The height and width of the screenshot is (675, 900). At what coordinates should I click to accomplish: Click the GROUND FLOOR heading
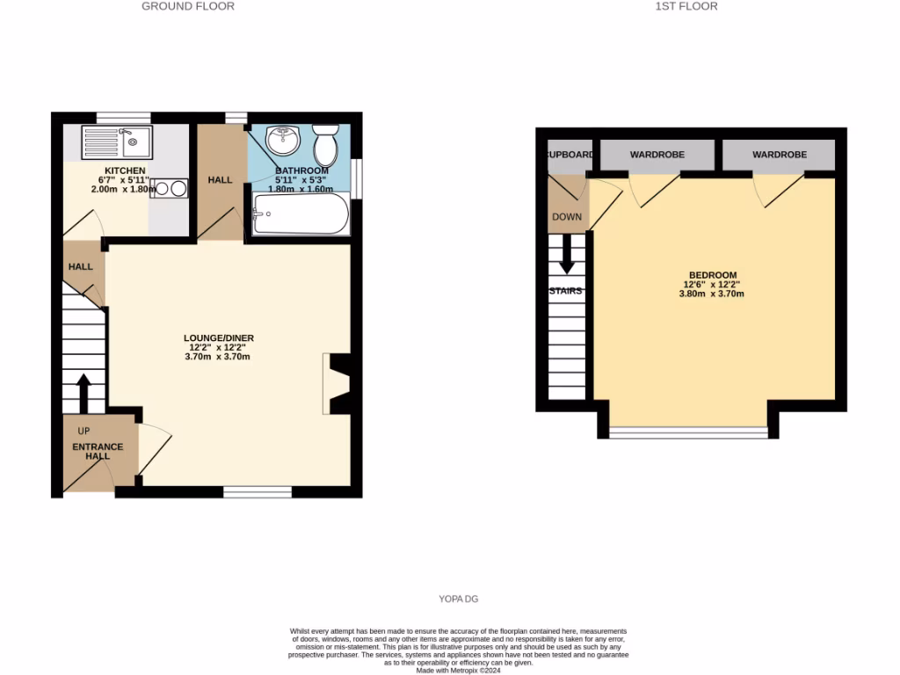click(188, 6)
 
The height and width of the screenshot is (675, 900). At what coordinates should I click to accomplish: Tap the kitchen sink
click(116, 141)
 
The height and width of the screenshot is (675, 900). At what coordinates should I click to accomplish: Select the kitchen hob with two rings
click(170, 188)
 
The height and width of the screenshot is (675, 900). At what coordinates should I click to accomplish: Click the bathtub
click(301, 214)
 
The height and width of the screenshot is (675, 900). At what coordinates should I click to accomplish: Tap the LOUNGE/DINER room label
click(219, 337)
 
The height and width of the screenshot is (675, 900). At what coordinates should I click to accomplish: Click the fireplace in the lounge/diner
click(337, 383)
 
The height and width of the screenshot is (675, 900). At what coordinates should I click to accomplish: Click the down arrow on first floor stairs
click(567, 255)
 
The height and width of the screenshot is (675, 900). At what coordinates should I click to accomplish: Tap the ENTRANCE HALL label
click(98, 451)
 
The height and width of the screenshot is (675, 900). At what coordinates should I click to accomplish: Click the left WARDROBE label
click(657, 155)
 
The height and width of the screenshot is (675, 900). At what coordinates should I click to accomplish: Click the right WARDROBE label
click(779, 155)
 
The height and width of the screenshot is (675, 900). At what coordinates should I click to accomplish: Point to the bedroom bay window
click(687, 432)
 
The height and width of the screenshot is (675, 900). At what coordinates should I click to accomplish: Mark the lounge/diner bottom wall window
click(257, 492)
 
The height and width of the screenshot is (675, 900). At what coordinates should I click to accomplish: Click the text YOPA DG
click(459, 599)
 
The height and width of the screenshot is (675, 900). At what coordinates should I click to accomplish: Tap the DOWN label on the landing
click(567, 216)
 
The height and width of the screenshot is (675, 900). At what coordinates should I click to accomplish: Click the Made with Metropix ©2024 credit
click(458, 670)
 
